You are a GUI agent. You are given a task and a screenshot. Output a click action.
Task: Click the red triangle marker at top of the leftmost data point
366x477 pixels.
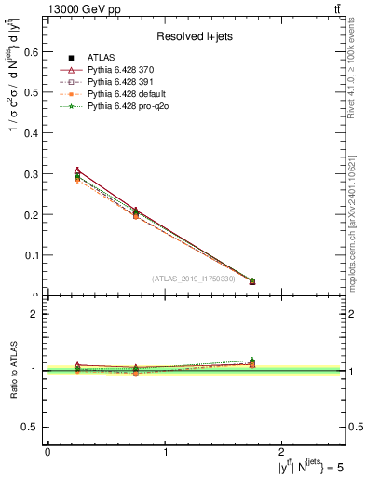[x=77, y=171]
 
